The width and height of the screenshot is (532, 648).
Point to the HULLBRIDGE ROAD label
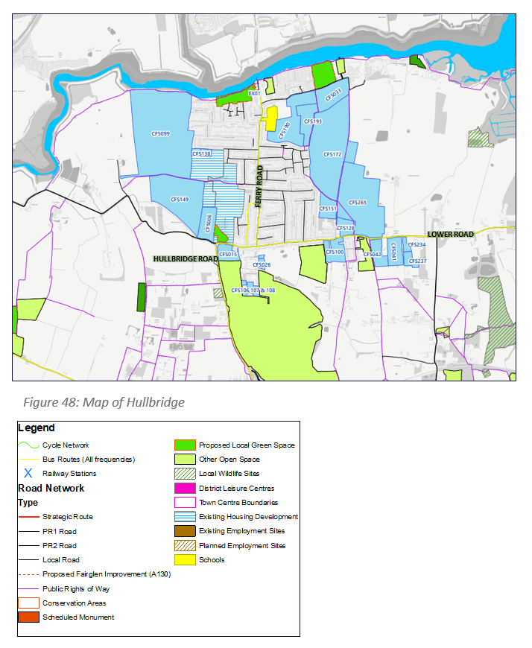tap(185, 259)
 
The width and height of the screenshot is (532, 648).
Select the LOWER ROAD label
tap(451, 234)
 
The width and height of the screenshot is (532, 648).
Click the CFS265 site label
tap(358, 203)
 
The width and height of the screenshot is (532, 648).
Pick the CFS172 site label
tap(332, 155)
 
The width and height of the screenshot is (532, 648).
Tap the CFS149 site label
tap(180, 200)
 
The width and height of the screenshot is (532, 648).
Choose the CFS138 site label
tap(202, 153)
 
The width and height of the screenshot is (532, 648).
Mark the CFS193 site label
tap(313, 121)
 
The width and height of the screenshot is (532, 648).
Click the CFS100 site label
tap(335, 252)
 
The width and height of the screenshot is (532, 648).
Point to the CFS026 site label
tap(262, 264)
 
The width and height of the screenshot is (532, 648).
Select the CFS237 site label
tap(417, 261)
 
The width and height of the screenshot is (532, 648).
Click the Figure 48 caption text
tap(104, 402)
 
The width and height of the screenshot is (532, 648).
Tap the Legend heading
tap(37, 428)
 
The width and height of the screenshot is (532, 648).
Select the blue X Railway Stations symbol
tap(28, 473)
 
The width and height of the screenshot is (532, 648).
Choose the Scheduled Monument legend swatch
tap(28, 617)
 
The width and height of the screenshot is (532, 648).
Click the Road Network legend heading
tap(51, 489)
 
